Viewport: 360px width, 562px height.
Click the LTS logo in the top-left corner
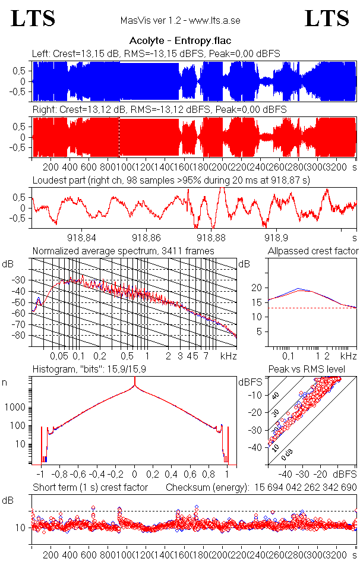pos(33,18)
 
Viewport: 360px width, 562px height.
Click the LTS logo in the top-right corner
pos(327,18)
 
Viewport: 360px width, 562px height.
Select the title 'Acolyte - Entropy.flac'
pos(180,40)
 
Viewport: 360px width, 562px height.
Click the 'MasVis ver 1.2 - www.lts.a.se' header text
pos(180,20)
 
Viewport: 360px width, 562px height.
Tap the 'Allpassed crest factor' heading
pos(313,251)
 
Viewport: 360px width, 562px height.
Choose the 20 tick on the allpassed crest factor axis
pos(257,288)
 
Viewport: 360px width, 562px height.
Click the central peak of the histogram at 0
pos(135,387)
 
